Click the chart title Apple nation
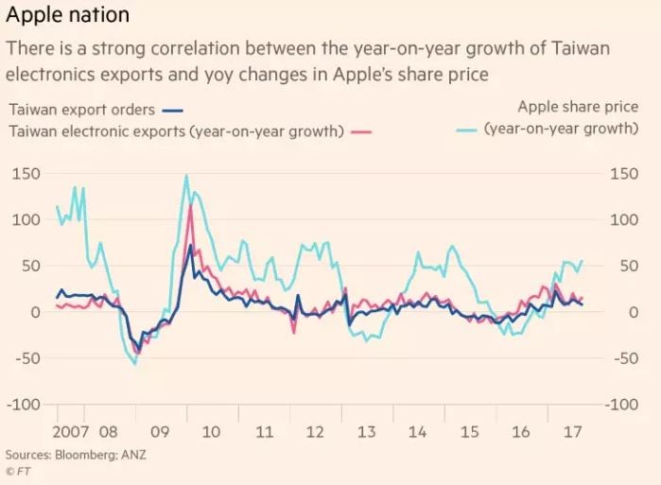pyautogui.click(x=68, y=16)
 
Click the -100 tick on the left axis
pyautogui.click(x=22, y=405)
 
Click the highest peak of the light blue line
pyautogui.click(x=186, y=176)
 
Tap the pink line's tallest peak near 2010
pyautogui.click(x=190, y=206)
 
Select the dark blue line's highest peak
pyautogui.click(x=191, y=246)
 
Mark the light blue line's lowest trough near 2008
pyautogui.click(x=134, y=364)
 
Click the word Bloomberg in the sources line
pyautogui.click(x=88, y=455)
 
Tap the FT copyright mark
pyautogui.click(x=16, y=469)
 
